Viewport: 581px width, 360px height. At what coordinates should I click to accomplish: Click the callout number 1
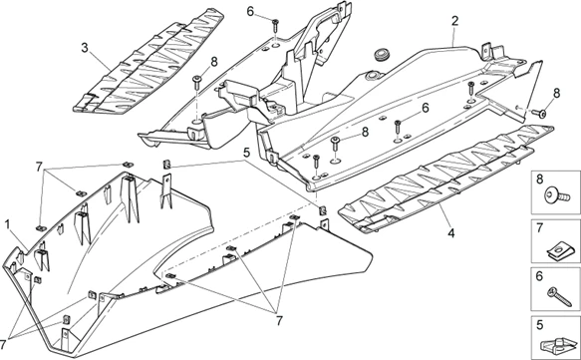pos(7,224)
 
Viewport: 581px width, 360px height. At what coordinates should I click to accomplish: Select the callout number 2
pos(455,21)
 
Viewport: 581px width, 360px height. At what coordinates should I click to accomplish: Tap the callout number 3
pos(85,48)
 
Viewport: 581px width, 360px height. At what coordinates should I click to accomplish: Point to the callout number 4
pos(450,233)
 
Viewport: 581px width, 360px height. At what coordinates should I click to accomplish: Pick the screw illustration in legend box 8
pos(557,195)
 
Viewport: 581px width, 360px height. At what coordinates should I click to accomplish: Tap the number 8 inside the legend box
pos(539,179)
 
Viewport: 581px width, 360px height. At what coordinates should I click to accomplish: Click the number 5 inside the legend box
pos(539,325)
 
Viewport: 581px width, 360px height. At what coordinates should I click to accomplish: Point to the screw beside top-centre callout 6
pos(275,26)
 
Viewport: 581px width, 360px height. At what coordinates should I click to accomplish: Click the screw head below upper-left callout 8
pos(196,79)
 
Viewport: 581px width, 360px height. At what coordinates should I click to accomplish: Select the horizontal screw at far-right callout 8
pos(539,113)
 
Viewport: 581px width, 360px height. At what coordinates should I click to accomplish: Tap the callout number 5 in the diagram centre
pos(247,152)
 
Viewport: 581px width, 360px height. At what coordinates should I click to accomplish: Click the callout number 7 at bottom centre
pos(279,321)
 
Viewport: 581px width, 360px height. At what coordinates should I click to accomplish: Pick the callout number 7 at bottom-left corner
pos(4,343)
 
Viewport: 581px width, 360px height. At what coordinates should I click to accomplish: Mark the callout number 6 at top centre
pos(250,12)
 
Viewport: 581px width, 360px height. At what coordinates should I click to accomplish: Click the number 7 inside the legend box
pos(539,227)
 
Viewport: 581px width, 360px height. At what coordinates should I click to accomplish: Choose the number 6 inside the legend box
pos(539,276)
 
